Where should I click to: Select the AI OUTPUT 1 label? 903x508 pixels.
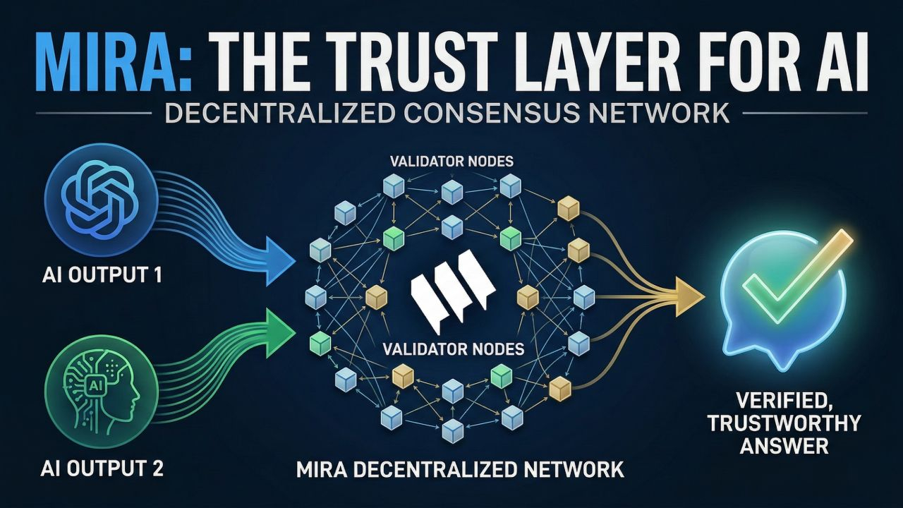(x=92, y=273)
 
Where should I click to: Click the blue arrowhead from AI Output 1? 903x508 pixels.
(x=280, y=260)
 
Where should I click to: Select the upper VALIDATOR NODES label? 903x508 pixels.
(x=452, y=162)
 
